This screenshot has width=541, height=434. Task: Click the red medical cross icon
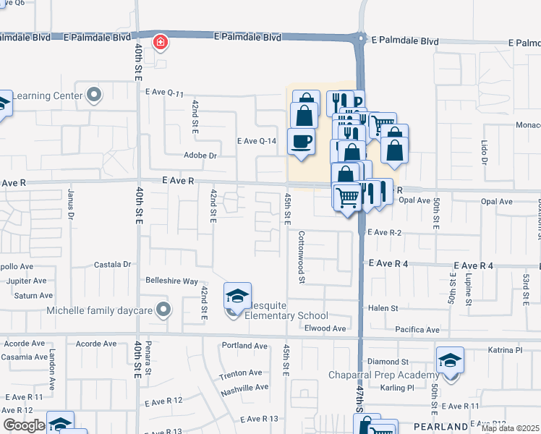158,43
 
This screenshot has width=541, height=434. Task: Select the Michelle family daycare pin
163,311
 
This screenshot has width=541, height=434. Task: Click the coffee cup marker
300,141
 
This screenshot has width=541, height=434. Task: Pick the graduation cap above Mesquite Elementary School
237,295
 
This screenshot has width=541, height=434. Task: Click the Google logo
24,425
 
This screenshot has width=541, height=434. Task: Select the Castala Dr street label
112,265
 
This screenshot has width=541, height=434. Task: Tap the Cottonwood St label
302,257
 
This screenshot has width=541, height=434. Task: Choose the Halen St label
383,308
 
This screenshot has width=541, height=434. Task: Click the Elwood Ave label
325,328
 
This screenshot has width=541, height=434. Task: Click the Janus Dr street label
70,204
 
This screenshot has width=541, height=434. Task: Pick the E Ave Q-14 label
257,141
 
